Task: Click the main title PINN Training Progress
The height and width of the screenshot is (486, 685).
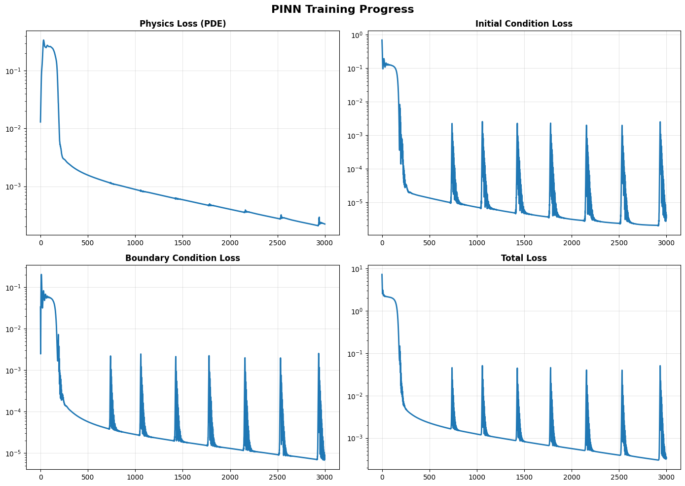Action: tap(342, 9)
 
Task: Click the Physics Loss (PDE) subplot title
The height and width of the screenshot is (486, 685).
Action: tap(182, 24)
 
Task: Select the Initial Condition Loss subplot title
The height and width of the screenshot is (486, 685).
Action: tap(524, 24)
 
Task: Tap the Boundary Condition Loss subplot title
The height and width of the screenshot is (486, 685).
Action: tap(182, 258)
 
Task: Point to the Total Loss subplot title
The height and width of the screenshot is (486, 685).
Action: tap(524, 258)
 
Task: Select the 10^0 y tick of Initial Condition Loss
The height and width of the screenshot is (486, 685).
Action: tap(357, 35)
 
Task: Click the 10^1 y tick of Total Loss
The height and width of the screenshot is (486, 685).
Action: tap(357, 269)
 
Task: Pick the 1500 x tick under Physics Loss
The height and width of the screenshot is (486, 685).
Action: tap(182, 243)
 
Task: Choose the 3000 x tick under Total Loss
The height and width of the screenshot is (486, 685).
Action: tap(666, 477)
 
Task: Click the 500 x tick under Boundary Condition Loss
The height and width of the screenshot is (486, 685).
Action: tap(88, 477)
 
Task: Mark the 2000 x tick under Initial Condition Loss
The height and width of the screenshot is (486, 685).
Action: tap(572, 243)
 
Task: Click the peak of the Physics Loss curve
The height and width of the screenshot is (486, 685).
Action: tap(43, 40)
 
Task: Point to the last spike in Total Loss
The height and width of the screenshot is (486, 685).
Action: tap(660, 366)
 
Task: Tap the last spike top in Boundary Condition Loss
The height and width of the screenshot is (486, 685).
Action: tap(319, 354)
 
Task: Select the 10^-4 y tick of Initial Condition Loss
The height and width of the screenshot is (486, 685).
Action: tap(357, 169)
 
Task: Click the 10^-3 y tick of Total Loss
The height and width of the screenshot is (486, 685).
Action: tap(357, 439)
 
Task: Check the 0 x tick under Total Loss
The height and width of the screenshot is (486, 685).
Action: tap(382, 477)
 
